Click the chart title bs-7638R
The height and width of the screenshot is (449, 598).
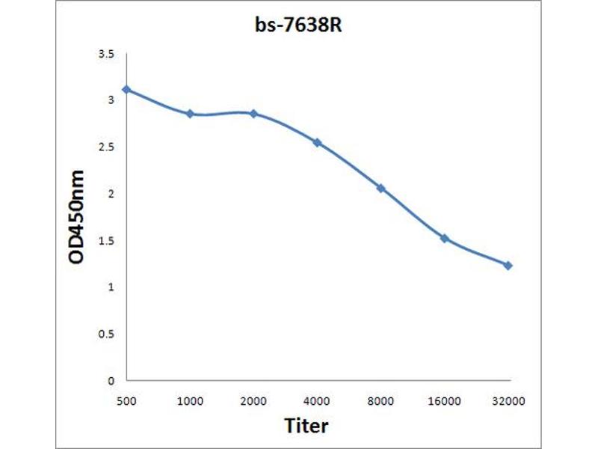coord(299,24)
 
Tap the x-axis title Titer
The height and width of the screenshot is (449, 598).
coord(306,426)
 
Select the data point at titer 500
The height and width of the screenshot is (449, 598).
coord(126,89)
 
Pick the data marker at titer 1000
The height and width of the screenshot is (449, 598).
coord(190,114)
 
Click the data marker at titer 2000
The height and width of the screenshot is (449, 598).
coord(253,114)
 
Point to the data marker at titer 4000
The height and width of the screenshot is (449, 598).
coord(317,142)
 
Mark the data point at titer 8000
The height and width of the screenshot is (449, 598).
coord(380,188)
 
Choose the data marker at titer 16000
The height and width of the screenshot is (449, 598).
coord(444,238)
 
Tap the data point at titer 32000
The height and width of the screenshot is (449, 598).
coord(508,266)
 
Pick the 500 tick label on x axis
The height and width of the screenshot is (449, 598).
coord(126,401)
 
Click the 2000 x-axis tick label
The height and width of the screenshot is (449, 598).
coord(253,401)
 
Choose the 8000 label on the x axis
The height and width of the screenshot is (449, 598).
coord(380,401)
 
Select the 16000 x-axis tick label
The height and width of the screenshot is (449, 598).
coord(444,401)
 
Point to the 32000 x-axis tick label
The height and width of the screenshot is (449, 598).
coord(508,401)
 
